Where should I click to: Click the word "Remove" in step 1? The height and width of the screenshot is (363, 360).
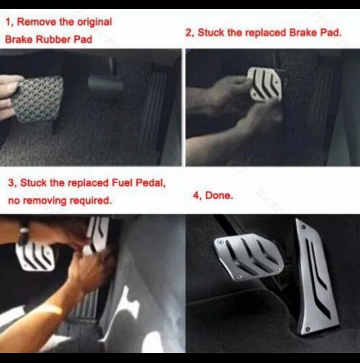[x=37, y=22]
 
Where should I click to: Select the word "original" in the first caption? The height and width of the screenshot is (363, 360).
[x=94, y=22]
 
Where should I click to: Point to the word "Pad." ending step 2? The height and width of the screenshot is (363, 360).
[x=331, y=33]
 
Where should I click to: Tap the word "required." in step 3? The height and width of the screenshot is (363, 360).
[x=90, y=201]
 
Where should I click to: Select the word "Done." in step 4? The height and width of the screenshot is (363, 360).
[x=219, y=196]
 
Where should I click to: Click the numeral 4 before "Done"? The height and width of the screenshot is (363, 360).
[x=196, y=196]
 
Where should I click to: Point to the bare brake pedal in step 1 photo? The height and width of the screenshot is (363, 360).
[x=105, y=85]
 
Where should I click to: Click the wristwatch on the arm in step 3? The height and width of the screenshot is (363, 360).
[x=23, y=234]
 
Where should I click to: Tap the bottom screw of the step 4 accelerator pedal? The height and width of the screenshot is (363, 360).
[x=308, y=329]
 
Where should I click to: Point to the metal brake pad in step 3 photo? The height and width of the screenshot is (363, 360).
[x=36, y=257]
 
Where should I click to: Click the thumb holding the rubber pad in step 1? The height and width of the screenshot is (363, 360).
[x=12, y=88]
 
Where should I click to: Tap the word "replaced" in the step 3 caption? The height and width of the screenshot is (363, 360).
[x=89, y=183]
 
